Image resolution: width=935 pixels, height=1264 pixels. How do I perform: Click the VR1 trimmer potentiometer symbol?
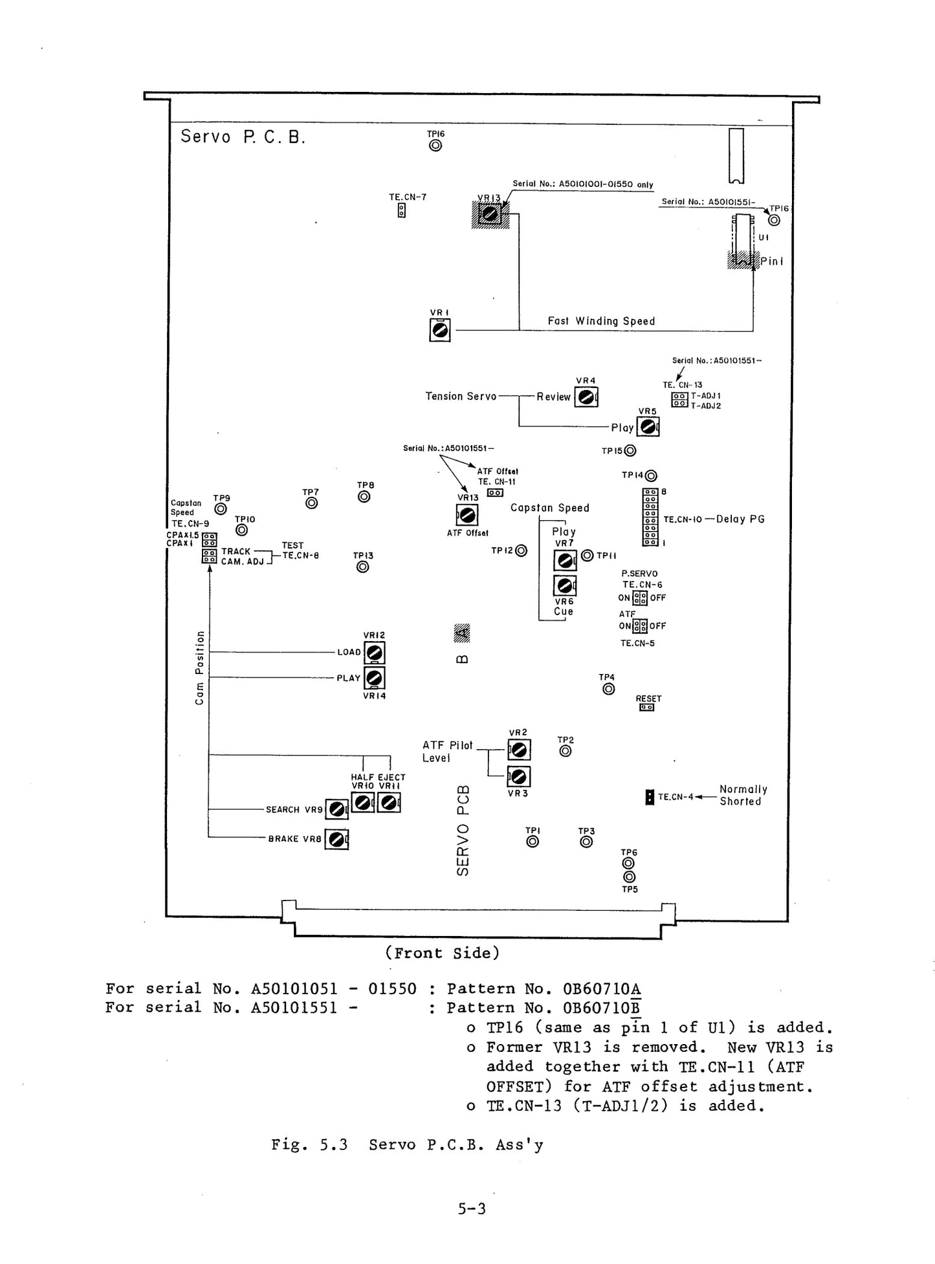click(x=440, y=331)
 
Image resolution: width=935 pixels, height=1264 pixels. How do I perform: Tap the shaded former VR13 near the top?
click(x=491, y=214)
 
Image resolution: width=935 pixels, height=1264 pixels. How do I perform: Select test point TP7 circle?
click(x=311, y=503)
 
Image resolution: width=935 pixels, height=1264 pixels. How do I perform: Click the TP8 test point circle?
click(x=364, y=496)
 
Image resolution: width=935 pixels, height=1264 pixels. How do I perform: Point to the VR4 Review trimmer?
click(x=586, y=397)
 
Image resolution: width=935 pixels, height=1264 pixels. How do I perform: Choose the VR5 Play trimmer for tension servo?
click(x=648, y=427)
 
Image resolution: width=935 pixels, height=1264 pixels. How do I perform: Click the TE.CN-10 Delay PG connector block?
click(x=650, y=518)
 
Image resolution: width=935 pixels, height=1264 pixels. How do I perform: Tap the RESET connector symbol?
click(x=647, y=707)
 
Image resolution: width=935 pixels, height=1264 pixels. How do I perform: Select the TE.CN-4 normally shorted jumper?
click(x=650, y=797)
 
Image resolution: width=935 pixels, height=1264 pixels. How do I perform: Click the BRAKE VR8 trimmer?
click(x=336, y=839)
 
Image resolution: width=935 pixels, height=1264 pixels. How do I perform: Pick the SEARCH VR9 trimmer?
click(x=336, y=809)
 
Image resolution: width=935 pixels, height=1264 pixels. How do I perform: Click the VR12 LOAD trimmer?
click(x=375, y=652)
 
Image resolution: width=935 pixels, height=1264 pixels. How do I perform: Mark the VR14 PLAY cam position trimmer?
click(x=375, y=678)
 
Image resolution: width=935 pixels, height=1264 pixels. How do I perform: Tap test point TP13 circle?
click(x=363, y=567)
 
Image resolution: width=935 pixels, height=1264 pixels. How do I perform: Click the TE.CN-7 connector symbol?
click(x=402, y=210)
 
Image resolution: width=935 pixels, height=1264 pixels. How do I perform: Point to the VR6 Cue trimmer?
click(x=564, y=585)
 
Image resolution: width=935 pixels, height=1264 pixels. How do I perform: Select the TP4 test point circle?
click(x=608, y=689)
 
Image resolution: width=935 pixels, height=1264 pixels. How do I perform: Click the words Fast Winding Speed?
click(x=601, y=321)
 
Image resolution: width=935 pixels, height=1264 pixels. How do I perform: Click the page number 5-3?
click(x=472, y=1208)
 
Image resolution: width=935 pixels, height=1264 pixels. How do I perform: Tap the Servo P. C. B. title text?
click(x=243, y=136)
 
